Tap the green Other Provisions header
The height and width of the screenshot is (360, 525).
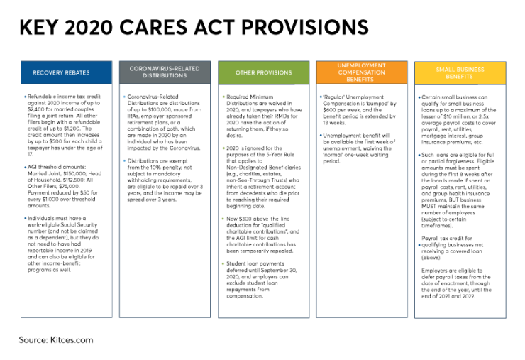click(263, 72)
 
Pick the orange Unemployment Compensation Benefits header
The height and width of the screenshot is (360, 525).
click(361, 72)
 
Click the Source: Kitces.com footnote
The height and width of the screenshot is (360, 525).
click(55, 340)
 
